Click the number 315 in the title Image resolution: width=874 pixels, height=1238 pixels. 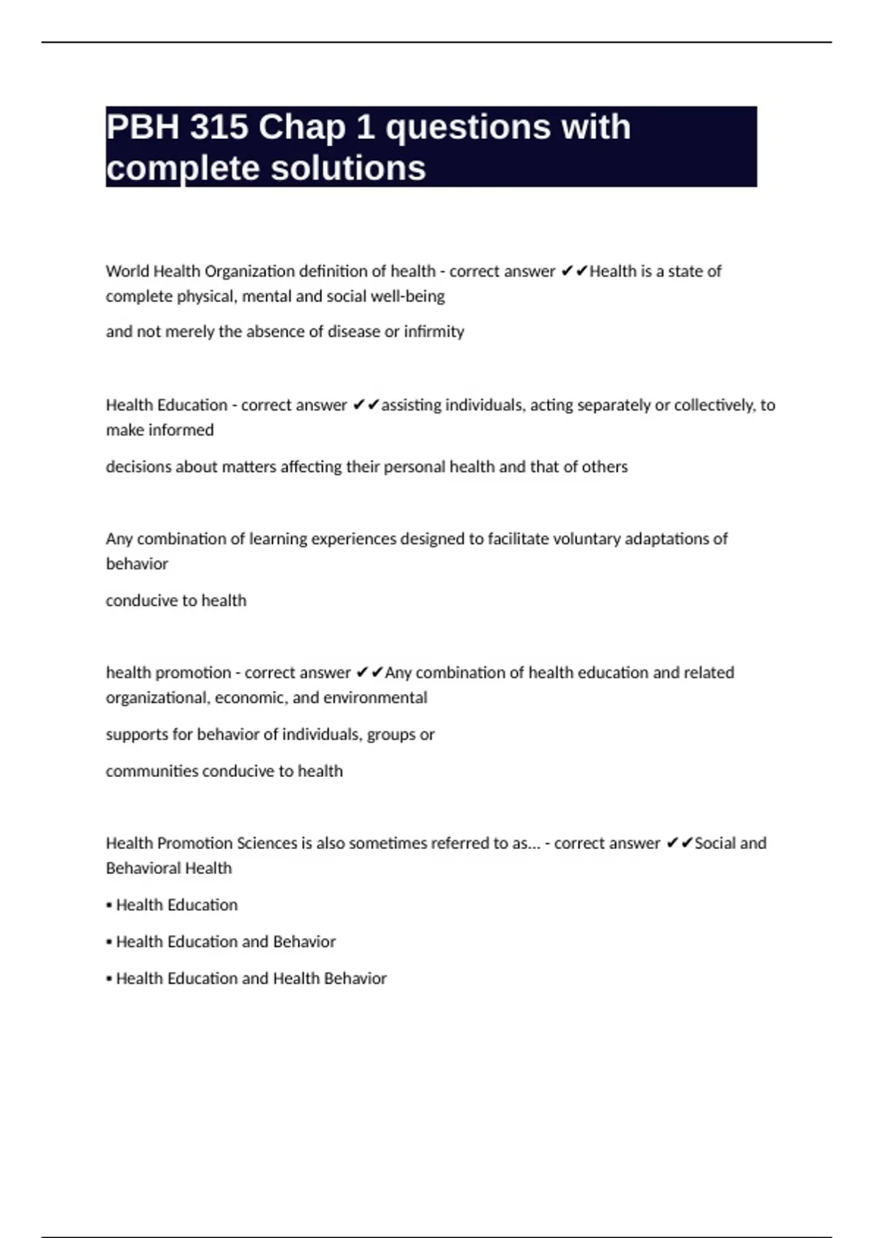tap(219, 127)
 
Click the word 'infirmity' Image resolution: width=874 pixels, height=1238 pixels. tap(434, 332)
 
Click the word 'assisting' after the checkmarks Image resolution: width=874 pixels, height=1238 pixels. tap(412, 406)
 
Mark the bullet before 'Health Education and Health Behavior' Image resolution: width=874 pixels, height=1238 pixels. tap(109, 979)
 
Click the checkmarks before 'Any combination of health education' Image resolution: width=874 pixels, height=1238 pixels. tap(369, 673)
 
